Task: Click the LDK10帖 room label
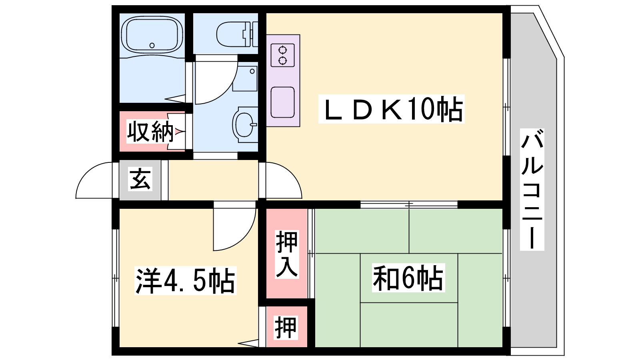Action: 392,109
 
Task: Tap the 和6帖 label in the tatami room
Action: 408,278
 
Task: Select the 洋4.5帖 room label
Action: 186,280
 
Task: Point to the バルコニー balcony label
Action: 532,190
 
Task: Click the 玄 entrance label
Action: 140,178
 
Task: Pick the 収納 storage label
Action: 150,132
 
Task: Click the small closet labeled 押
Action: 286,328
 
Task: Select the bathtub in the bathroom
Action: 152,34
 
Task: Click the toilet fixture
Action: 237,35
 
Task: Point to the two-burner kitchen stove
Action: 282,55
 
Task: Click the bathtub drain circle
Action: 152,45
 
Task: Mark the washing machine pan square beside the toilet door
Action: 245,78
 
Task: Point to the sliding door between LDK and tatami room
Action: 409,204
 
